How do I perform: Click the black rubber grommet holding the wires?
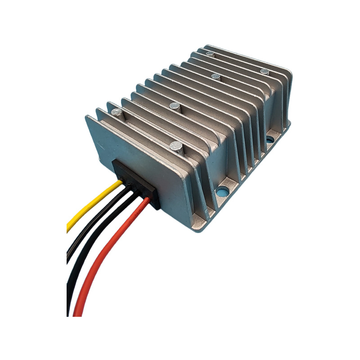pyautogui.click(x=135, y=184)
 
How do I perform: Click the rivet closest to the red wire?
pyautogui.click(x=176, y=147)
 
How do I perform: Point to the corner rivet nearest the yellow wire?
pyautogui.click(x=116, y=112)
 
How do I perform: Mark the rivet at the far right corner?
pyautogui.click(x=265, y=72)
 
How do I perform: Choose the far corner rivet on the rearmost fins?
pyautogui.click(x=210, y=54)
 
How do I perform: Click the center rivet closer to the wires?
pyautogui.click(x=175, y=106)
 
